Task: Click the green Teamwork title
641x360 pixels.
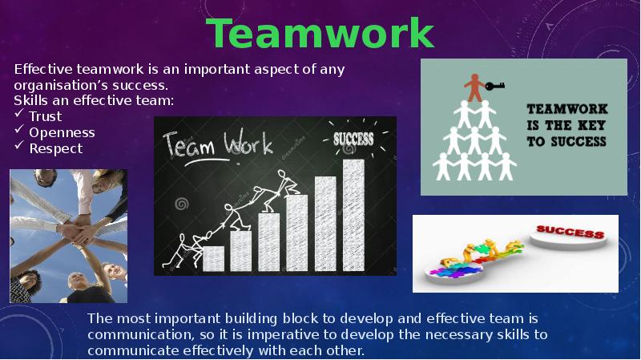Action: [320, 33]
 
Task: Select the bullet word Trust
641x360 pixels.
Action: [46, 116]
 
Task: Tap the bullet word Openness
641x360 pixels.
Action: [62, 132]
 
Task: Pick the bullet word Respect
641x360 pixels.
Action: [55, 148]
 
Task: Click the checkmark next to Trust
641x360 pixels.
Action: [19, 114]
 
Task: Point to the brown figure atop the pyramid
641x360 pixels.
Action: [474, 87]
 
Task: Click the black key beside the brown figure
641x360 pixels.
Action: [494, 86]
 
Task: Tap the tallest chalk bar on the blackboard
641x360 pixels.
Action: [353, 215]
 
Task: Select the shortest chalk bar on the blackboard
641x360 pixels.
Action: [213, 258]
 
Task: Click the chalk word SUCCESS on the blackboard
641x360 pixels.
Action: [353, 140]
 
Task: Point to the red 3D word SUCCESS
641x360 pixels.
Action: [570, 232]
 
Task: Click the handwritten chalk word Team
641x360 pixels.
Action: [189, 145]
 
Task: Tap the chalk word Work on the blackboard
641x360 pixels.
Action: [248, 143]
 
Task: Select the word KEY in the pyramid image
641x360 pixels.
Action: [591, 125]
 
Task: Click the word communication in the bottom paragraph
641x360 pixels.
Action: [139, 334]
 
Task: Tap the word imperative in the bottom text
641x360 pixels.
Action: [284, 334]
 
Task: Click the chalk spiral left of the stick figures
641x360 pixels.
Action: [181, 204]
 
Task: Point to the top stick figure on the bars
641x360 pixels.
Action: [286, 183]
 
